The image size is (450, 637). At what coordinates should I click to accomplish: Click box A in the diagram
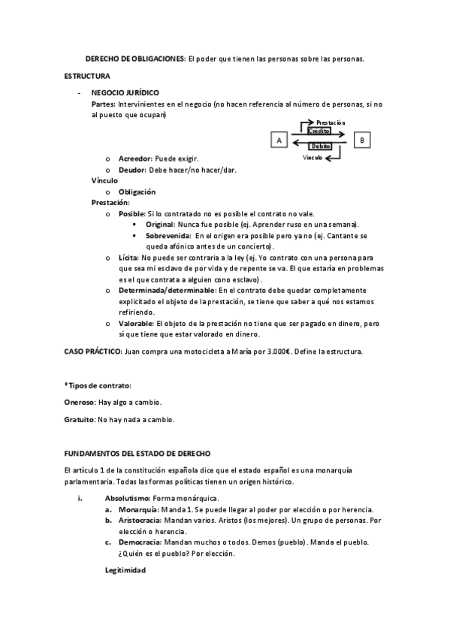tap(279, 140)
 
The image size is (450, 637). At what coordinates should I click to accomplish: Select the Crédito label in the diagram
tap(319, 131)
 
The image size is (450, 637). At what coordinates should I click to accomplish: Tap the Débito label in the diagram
tap(321, 146)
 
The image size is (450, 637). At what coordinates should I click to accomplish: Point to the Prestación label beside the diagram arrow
tap(331, 122)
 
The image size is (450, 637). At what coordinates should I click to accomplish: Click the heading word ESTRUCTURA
tap(87, 77)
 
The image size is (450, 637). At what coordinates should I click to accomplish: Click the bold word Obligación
tap(137, 192)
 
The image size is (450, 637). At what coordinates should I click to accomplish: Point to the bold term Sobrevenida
tap(168, 235)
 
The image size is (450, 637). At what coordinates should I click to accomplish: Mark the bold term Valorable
tap(136, 322)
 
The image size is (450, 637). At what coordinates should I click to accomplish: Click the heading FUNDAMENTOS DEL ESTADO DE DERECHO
tap(137, 454)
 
